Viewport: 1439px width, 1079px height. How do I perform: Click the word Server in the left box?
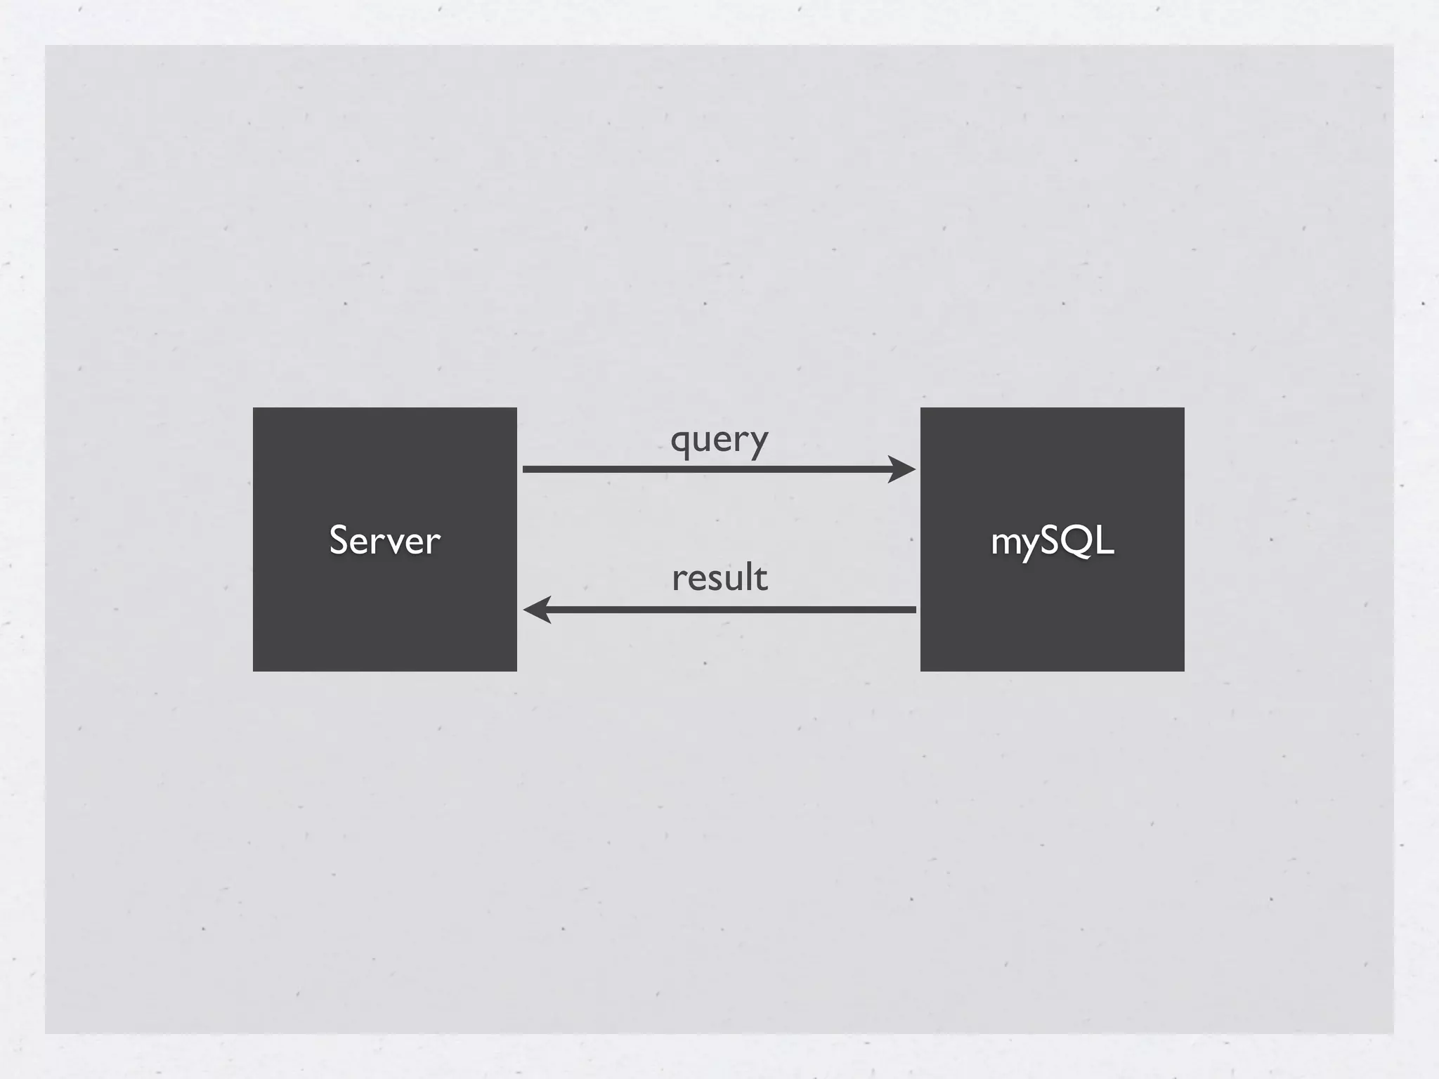[384, 540]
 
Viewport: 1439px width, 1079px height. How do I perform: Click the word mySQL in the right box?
[1052, 541]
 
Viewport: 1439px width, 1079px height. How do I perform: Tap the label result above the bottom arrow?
[719, 578]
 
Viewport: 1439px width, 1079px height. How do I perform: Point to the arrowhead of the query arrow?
[902, 469]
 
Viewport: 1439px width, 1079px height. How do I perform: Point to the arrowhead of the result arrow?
[537, 609]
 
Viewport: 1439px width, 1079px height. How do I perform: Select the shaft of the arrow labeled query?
[703, 469]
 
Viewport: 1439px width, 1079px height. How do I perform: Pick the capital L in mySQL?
[1105, 540]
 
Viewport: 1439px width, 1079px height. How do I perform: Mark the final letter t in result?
[761, 578]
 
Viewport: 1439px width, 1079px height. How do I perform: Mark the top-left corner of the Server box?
[254, 409]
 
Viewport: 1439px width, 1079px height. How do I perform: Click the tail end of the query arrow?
[525, 469]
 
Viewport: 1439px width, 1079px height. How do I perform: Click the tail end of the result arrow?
[914, 609]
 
